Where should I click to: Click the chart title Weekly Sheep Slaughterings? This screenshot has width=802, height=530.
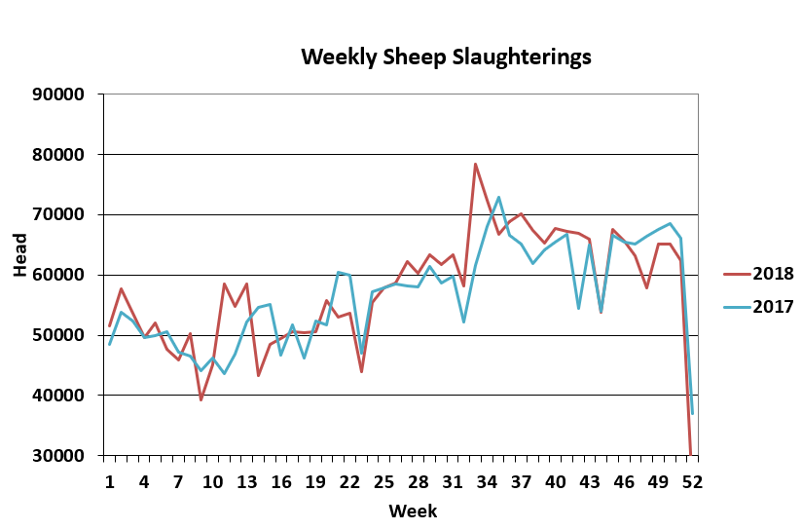pos(446,57)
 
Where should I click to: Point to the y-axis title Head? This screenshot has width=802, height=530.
pos(20,259)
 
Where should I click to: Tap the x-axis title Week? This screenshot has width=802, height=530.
pos(413,511)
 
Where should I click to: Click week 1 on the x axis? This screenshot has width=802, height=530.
pos(109,481)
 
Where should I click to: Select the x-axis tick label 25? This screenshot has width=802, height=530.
pos(383,481)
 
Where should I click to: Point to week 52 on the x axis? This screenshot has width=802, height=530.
pos(692,481)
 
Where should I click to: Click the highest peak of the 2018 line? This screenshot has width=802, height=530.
pos(475,164)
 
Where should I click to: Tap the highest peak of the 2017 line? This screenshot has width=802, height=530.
pos(498,198)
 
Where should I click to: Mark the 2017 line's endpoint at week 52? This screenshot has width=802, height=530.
pos(692,413)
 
